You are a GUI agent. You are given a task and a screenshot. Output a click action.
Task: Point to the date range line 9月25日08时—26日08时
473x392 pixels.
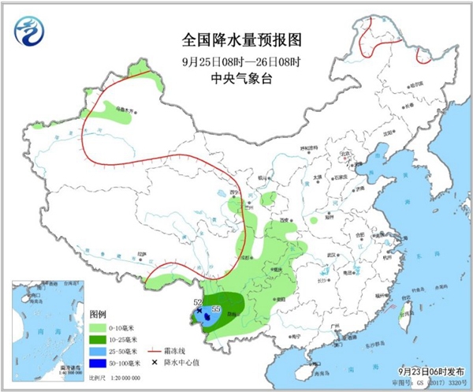[x=236, y=60]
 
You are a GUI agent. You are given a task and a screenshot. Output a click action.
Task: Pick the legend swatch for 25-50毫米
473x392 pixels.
[x=98, y=351]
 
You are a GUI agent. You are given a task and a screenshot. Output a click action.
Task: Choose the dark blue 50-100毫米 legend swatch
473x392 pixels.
[x=98, y=364]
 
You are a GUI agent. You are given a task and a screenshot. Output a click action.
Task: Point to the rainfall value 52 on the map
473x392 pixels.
[x=198, y=303]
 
